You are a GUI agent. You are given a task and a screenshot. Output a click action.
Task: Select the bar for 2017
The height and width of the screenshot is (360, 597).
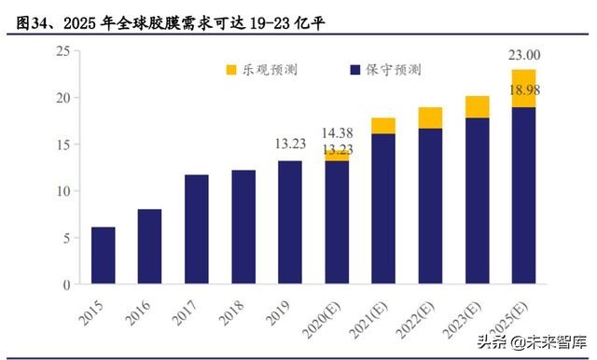click(x=197, y=229)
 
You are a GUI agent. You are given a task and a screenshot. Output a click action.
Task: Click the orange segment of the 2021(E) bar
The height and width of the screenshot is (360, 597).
click(x=383, y=126)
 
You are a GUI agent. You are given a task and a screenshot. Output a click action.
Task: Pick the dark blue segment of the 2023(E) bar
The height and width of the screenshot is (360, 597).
click(x=477, y=201)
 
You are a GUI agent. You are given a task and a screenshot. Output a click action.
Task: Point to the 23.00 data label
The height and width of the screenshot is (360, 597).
click(x=523, y=55)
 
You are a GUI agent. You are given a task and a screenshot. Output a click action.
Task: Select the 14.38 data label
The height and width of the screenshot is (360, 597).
click(x=337, y=132)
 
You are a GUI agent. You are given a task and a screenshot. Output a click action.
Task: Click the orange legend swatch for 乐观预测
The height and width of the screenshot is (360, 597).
click(x=232, y=70)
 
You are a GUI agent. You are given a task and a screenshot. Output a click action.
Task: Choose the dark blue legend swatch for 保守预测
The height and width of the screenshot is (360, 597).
click(x=355, y=70)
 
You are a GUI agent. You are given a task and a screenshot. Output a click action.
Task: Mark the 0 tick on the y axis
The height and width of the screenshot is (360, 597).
click(x=66, y=284)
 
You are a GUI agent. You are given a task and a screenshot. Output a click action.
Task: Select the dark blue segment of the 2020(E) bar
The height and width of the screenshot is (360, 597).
click(x=337, y=223)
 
